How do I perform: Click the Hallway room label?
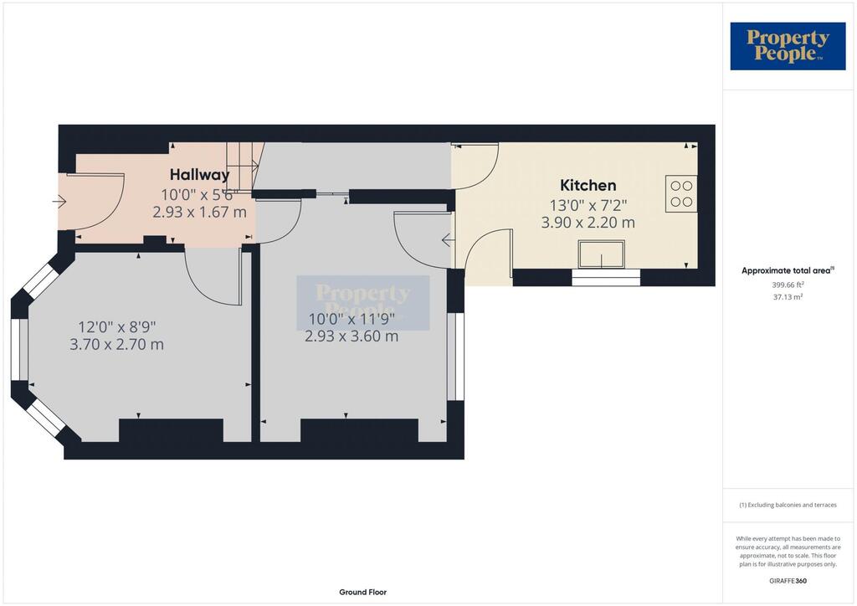point(199,175)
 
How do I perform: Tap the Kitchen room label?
point(588,185)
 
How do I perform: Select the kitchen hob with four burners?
point(681,193)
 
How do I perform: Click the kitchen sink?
point(602,254)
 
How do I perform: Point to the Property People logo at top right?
point(788,46)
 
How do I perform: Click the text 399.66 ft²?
point(788,285)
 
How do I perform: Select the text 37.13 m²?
point(788,297)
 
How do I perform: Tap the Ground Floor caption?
point(363,593)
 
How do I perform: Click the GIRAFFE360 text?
point(788,581)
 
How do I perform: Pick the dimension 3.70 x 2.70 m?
point(117,345)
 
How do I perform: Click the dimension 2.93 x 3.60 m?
point(352,336)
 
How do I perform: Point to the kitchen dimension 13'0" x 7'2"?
point(588,205)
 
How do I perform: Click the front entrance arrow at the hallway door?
point(59,202)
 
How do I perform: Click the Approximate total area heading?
point(788,270)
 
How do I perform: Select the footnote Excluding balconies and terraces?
point(788,505)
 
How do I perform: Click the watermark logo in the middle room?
point(363,303)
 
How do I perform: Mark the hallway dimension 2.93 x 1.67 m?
point(199,212)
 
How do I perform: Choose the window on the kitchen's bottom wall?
point(606,277)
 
